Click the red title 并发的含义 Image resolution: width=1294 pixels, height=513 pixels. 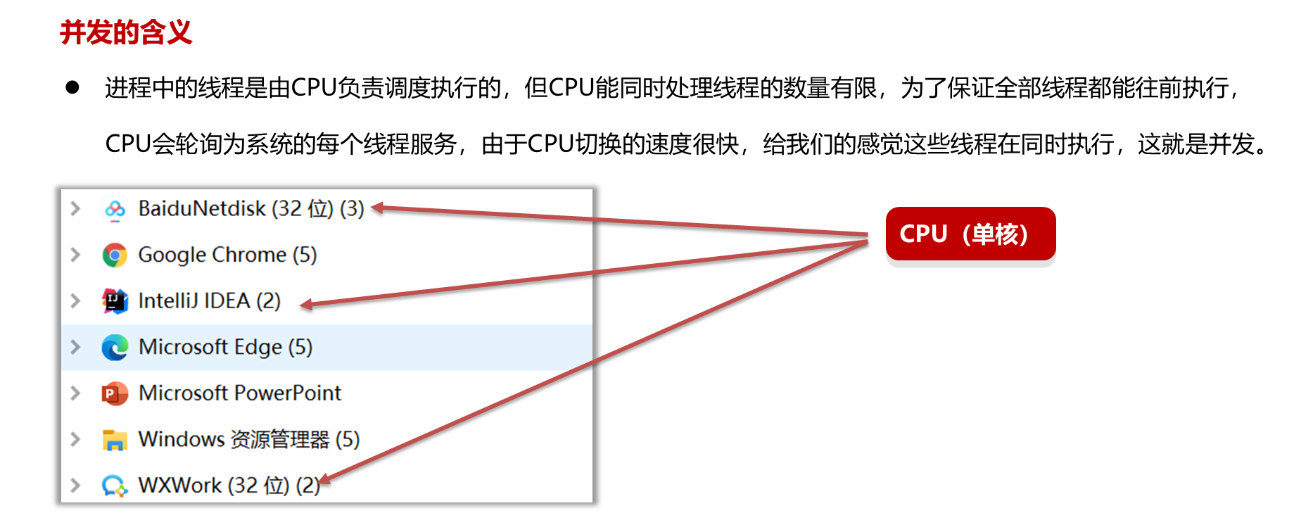126,32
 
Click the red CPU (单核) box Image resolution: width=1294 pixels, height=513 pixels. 970,234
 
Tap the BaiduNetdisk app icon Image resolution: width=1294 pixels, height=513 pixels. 115,209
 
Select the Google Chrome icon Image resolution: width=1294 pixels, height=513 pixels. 115,255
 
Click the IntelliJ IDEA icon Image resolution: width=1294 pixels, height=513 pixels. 115,301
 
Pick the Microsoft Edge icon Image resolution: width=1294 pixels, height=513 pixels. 115,348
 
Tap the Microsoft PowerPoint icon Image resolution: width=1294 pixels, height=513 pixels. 115,393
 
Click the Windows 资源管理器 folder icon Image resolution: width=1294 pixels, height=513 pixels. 115,440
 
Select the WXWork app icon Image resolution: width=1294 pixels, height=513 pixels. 115,486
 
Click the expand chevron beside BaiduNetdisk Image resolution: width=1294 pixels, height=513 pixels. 75,209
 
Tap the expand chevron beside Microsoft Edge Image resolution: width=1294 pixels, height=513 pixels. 75,347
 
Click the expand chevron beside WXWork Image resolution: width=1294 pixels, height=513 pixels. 75,486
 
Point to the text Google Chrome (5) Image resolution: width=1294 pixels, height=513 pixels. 227,255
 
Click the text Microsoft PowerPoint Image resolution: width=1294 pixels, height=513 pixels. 240,393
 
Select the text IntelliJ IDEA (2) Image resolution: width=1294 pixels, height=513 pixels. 210,301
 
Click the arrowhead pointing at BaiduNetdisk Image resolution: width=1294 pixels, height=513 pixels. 378,208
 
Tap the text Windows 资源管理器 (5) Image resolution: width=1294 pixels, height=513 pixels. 249,440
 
